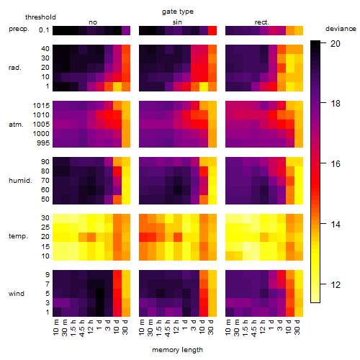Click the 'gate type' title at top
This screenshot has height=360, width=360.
178,12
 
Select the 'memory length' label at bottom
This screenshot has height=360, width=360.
178,350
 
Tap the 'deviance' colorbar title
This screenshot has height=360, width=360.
341,29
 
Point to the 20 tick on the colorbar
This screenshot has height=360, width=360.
336,43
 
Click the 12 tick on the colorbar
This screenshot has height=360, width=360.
336,285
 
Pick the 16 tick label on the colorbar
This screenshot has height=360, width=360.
336,164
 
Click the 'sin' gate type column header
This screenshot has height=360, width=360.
177,22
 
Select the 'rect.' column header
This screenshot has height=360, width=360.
262,22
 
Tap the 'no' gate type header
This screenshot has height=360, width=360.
93,22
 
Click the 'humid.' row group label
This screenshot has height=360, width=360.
20,181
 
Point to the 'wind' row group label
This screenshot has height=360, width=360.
17,294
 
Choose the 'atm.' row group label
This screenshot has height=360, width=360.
16,125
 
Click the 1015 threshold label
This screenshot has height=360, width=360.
41,106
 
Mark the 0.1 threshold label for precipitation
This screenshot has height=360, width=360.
44,30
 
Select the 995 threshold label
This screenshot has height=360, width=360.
43,143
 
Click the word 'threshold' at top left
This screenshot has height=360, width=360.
40,17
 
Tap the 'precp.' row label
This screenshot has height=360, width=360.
19,29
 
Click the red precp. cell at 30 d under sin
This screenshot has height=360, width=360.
212,30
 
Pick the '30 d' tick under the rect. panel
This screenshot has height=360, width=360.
297,327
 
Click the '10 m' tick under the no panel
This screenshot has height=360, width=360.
56,327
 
